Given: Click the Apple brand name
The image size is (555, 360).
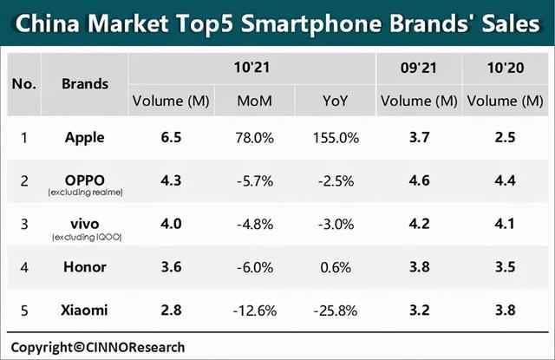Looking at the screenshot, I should click(84, 137).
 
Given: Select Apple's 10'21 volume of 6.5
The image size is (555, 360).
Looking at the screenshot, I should click(171, 137).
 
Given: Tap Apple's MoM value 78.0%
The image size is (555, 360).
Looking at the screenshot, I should click(254, 137).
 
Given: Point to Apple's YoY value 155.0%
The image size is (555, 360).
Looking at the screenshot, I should click(333, 137).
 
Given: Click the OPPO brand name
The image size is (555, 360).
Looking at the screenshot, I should click(84, 176).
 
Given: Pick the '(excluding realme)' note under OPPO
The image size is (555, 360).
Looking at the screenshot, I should click(85, 192).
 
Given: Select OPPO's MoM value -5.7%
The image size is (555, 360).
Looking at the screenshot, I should click(254, 180).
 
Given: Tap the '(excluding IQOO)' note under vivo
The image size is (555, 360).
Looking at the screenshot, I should click(85, 236).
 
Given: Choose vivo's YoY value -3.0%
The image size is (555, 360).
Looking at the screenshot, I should click(333, 224).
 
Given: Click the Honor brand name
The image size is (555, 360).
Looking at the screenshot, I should click(84, 267).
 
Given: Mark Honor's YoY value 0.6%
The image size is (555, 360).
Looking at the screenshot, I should click(333, 267).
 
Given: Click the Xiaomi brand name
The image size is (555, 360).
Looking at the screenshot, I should click(84, 310).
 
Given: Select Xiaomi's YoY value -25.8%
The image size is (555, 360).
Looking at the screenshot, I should click(333, 310).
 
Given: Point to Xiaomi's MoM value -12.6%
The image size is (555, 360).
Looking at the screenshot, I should click(254, 310).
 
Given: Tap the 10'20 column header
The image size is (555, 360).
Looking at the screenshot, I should click(502, 66).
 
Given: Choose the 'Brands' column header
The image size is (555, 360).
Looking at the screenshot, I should click(85, 84).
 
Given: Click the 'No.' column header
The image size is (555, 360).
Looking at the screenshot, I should click(23, 84).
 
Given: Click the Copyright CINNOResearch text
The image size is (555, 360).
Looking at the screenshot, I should click(97, 346).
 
